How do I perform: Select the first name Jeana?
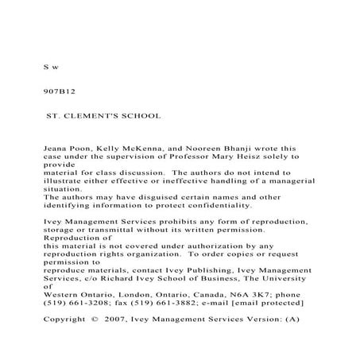(x=54, y=148)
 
